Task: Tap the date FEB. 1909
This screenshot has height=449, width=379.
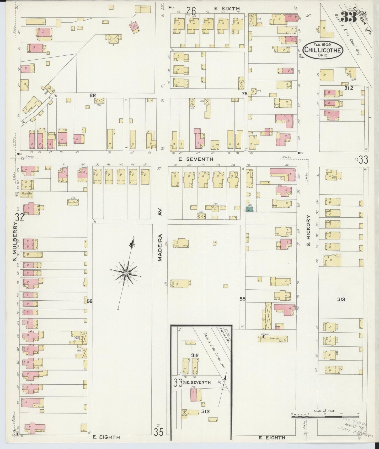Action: point(323,45)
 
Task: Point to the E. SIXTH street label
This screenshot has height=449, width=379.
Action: point(227,9)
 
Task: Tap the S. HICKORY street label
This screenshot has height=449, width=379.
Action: point(308,231)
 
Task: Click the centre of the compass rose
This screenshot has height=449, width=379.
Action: point(126,273)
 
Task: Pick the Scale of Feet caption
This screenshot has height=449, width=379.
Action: point(324,411)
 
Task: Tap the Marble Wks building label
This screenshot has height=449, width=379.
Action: point(27,194)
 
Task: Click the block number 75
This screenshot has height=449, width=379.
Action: point(244,93)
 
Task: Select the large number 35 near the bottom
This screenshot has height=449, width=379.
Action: point(158,432)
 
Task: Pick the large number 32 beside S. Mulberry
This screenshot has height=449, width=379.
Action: point(20,217)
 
